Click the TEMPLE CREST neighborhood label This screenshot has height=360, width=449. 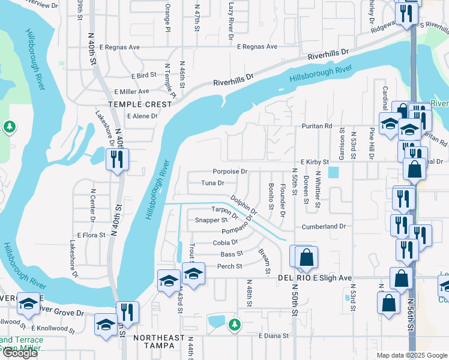click(140, 104)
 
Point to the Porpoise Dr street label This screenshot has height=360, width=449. click(230, 171)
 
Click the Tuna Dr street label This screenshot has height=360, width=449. click(212, 183)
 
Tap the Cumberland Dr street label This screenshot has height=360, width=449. click(324, 226)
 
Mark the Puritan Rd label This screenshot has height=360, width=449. click(316, 126)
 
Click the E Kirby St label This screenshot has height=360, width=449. click(315, 162)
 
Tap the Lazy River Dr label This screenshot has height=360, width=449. click(231, 21)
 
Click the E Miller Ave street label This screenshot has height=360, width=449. click(131, 91)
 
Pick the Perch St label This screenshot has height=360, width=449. click(229, 266)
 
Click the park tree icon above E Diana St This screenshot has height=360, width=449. click(235, 325)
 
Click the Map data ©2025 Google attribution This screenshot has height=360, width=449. click(412, 355)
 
